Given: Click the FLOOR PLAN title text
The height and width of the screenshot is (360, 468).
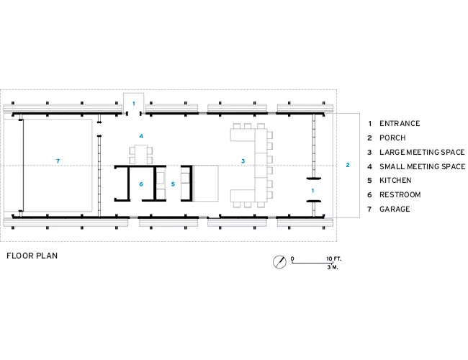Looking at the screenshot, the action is click(x=32, y=256).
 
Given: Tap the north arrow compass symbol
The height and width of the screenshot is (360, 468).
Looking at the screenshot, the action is click(x=279, y=262).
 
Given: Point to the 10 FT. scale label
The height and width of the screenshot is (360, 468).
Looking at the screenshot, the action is click(x=333, y=258).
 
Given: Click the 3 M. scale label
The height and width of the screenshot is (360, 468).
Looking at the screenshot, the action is click(x=333, y=267).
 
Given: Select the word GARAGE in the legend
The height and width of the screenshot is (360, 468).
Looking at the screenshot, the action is click(x=395, y=209).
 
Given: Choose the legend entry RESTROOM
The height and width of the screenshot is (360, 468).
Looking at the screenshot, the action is click(x=400, y=194).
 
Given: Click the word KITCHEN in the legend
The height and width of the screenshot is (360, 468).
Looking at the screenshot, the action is click(x=395, y=180).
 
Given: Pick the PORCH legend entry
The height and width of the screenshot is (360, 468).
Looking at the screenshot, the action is click(x=392, y=138).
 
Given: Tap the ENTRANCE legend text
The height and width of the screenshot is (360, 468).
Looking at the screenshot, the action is click(x=400, y=124).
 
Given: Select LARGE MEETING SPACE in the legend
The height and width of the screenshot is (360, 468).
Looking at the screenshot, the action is click(x=422, y=152).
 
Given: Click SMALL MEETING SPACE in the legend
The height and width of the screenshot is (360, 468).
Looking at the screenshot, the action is click(x=423, y=166).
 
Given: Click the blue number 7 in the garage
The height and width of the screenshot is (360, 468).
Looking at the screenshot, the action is click(x=58, y=161).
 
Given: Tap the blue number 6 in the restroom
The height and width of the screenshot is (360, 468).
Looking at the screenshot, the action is click(x=141, y=184).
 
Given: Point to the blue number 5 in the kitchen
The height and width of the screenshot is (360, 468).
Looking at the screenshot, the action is click(x=173, y=184).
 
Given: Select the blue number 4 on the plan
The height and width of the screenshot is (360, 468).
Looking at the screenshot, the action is click(x=141, y=136).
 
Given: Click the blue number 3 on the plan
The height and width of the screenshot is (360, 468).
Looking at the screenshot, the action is click(x=243, y=161).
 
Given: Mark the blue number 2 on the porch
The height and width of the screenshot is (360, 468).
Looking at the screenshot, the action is click(x=348, y=165).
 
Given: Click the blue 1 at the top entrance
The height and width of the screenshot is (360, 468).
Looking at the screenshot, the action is click(x=134, y=104).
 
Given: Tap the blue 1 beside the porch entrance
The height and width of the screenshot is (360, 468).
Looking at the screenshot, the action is click(x=312, y=191).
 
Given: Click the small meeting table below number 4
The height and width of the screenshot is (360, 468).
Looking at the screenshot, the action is click(x=141, y=155).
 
